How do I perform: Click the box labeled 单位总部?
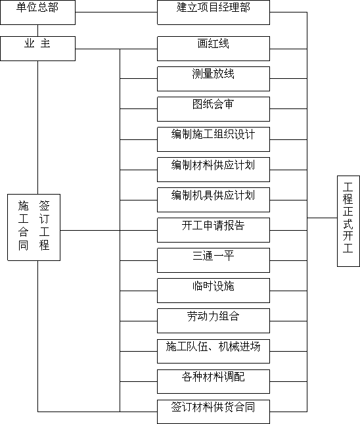[x=38, y=12]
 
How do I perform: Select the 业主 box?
[x=38, y=49]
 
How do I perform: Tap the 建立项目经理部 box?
[x=214, y=12]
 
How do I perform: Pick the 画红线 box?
[x=214, y=49]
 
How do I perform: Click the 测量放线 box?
[x=214, y=79]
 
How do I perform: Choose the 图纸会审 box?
[x=214, y=109]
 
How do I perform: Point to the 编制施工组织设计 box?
[x=214, y=139]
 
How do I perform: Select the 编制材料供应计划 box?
[x=214, y=170]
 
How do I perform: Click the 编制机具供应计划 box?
[x=214, y=200]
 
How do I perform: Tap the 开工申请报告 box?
[x=214, y=230]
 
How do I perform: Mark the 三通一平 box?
[x=214, y=260]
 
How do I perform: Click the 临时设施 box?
[x=214, y=291]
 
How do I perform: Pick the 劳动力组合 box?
[x=214, y=321]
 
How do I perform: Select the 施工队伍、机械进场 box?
[x=214, y=351]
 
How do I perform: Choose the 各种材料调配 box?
[x=214, y=381]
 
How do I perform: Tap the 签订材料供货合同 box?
[x=214, y=412]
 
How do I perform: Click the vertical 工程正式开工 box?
[x=348, y=221]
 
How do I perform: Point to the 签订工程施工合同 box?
[x=34, y=227]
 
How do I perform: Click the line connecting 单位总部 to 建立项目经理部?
[x=116, y=12]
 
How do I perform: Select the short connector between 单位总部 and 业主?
[x=37, y=30]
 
